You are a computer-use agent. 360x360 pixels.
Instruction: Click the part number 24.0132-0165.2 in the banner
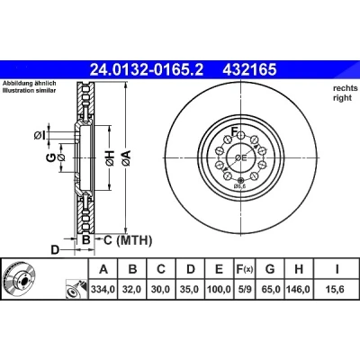coord(147,70)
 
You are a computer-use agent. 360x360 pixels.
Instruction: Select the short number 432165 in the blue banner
coord(249,70)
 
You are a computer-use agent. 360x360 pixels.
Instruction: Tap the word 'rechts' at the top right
coord(346,88)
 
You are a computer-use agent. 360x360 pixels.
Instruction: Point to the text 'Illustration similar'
coord(30,91)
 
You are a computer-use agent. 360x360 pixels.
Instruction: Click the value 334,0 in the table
coord(103,289)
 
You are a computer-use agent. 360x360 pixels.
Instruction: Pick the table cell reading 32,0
coord(131,289)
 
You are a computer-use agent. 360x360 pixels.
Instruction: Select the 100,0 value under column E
coord(219,289)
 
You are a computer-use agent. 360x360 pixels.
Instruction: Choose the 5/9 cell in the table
coord(244,289)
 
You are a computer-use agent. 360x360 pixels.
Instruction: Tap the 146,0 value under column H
coord(299,289)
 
